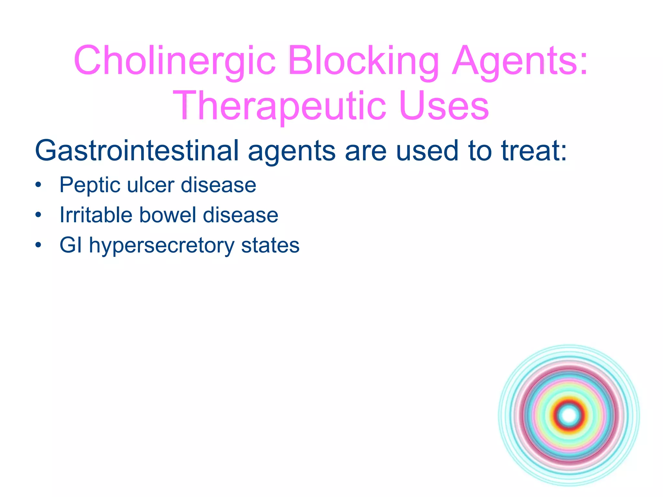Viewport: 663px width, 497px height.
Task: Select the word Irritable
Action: (x=96, y=215)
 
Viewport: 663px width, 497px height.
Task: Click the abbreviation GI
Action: (x=71, y=245)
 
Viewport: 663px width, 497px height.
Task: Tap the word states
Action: (x=270, y=245)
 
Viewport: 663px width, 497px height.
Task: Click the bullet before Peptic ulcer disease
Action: (x=39, y=185)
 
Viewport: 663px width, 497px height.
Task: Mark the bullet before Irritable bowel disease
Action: (x=39, y=215)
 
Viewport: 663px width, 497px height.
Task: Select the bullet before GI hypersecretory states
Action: (x=39, y=245)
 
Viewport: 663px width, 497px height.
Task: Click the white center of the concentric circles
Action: (x=569, y=415)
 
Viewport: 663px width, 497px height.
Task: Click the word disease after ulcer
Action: (x=219, y=185)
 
